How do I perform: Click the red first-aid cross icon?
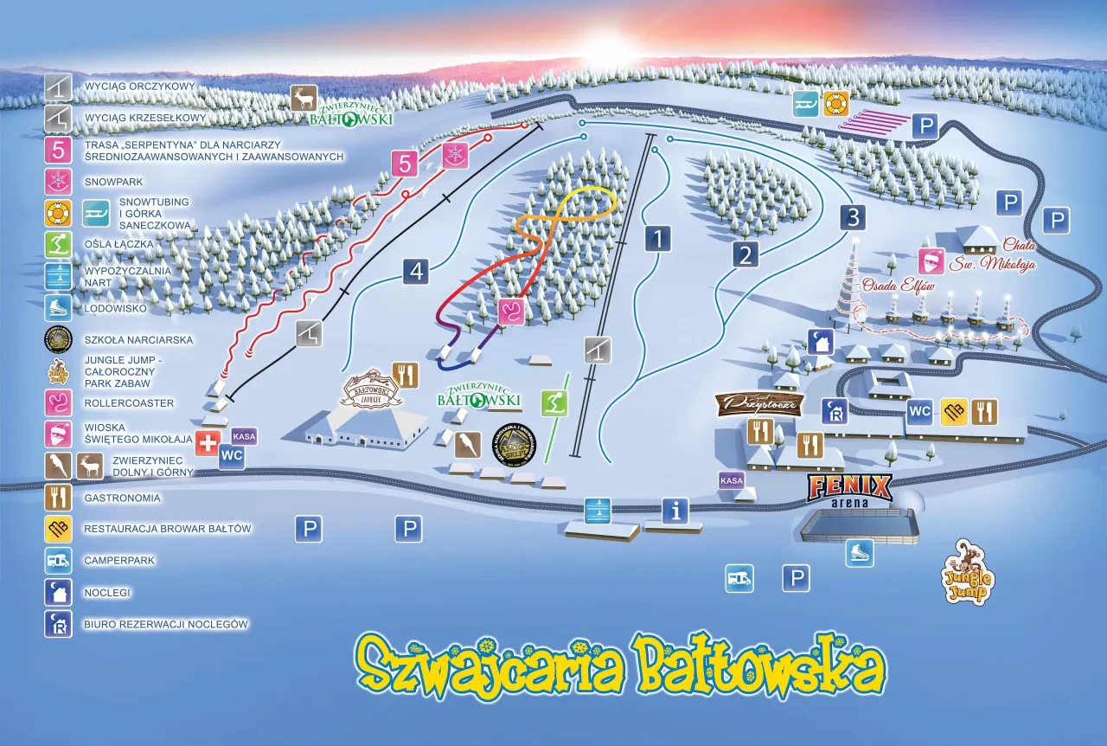[208, 443]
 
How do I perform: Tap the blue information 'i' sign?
[675, 511]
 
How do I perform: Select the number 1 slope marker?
[657, 238]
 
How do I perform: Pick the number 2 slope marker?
[745, 254]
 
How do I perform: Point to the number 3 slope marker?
[854, 216]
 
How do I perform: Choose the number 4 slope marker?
[416, 272]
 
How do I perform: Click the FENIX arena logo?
[849, 488]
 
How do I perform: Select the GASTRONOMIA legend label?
[122, 498]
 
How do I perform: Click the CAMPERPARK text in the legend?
[119, 561]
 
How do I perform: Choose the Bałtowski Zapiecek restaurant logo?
[371, 392]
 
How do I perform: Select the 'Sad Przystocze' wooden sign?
[759, 402]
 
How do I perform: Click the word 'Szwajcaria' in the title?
[489, 665]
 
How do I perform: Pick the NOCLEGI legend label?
[107, 593]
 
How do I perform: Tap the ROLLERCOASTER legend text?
[129, 403]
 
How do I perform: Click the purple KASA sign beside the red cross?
[244, 436]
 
